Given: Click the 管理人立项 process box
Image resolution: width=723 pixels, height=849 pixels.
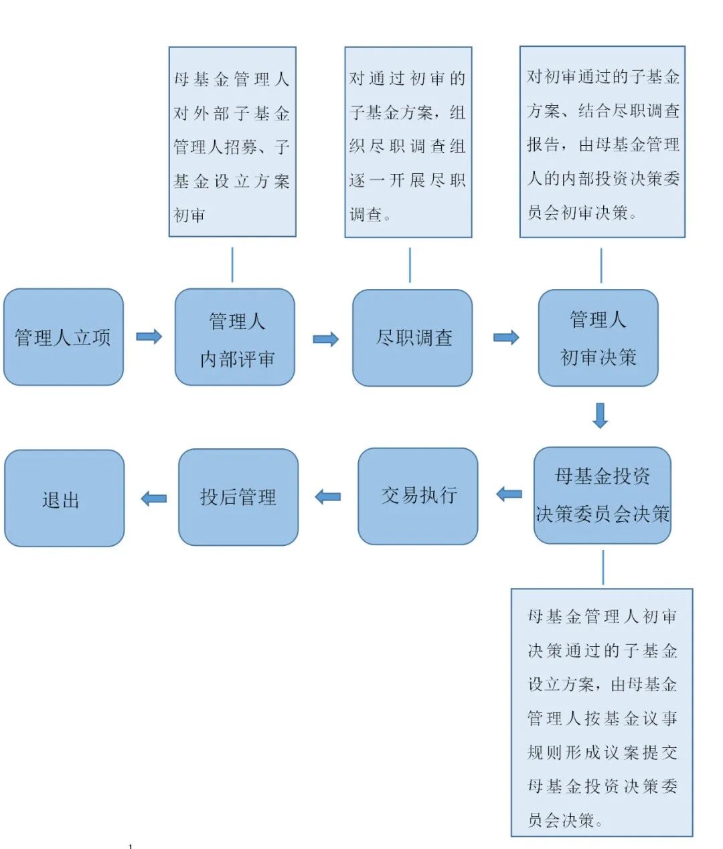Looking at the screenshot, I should pyautogui.click(x=64, y=337).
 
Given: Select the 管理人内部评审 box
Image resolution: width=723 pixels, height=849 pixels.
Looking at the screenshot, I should pyautogui.click(x=235, y=337).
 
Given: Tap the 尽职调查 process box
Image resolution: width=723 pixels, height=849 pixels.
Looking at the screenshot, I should pyautogui.click(x=412, y=338).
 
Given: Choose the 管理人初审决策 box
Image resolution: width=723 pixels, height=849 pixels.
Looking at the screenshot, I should pyautogui.click(x=598, y=338).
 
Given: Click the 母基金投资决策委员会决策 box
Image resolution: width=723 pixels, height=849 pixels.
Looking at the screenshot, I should pyautogui.click(x=602, y=495).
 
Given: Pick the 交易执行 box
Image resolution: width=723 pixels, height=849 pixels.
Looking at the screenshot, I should pyautogui.click(x=418, y=496).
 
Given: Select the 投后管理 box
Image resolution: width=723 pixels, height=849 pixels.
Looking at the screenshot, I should pyautogui.click(x=238, y=497).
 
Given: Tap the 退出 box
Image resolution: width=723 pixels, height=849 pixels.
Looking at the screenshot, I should pyautogui.click(x=64, y=498).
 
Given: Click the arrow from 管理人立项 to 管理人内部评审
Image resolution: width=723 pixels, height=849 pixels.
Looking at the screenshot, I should pyautogui.click(x=149, y=337).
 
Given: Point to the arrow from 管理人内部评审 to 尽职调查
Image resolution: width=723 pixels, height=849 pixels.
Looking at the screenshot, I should pyautogui.click(x=326, y=339).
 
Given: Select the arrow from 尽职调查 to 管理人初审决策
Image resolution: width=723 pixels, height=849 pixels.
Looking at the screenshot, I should pyautogui.click(x=506, y=337).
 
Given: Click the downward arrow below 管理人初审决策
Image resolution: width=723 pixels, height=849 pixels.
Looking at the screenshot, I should pyautogui.click(x=600, y=415).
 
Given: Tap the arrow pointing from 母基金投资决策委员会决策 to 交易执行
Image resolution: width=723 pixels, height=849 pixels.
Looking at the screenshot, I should pyautogui.click(x=509, y=494).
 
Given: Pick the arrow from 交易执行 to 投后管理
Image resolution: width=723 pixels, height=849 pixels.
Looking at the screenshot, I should pyautogui.click(x=328, y=496).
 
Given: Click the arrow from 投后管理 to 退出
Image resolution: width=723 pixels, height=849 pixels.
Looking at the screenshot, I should pyautogui.click(x=154, y=498).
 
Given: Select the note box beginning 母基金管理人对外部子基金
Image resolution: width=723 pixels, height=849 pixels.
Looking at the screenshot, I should pyautogui.click(x=232, y=142).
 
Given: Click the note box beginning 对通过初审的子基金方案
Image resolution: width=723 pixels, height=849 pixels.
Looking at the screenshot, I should pyautogui.click(x=408, y=142).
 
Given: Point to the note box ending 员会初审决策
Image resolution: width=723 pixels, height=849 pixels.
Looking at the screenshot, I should pyautogui.click(x=602, y=142).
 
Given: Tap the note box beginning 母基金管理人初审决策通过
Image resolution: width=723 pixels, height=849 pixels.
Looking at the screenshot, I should pyautogui.click(x=602, y=713).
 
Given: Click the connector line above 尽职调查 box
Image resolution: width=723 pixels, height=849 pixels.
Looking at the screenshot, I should pyautogui.click(x=410, y=265).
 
